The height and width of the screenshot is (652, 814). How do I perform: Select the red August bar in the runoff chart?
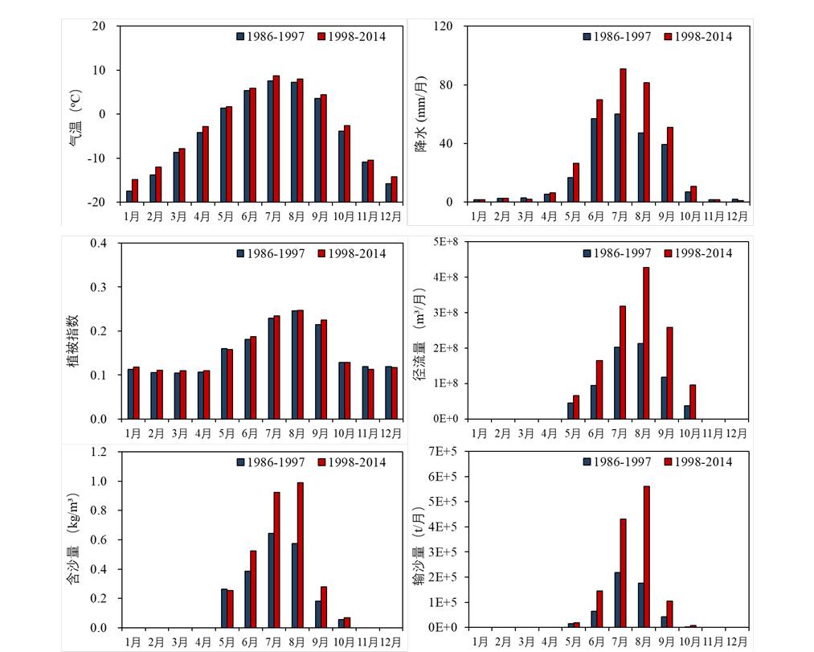point(647,342)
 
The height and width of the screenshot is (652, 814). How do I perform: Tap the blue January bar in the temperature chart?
point(129,196)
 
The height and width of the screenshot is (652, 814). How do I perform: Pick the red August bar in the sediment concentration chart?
point(300,555)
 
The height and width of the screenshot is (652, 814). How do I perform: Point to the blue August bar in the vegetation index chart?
point(294,364)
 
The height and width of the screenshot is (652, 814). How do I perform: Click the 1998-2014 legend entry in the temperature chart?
point(351,36)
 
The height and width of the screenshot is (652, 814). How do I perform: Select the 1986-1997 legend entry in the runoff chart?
point(617,253)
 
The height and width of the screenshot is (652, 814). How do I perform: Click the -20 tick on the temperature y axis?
point(98,202)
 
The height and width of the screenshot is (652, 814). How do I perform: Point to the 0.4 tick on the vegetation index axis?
point(99,243)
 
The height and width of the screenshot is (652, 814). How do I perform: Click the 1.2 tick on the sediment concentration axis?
point(99,452)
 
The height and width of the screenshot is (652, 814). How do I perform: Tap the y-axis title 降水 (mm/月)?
point(421,113)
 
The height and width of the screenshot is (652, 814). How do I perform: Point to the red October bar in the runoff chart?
point(693,401)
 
